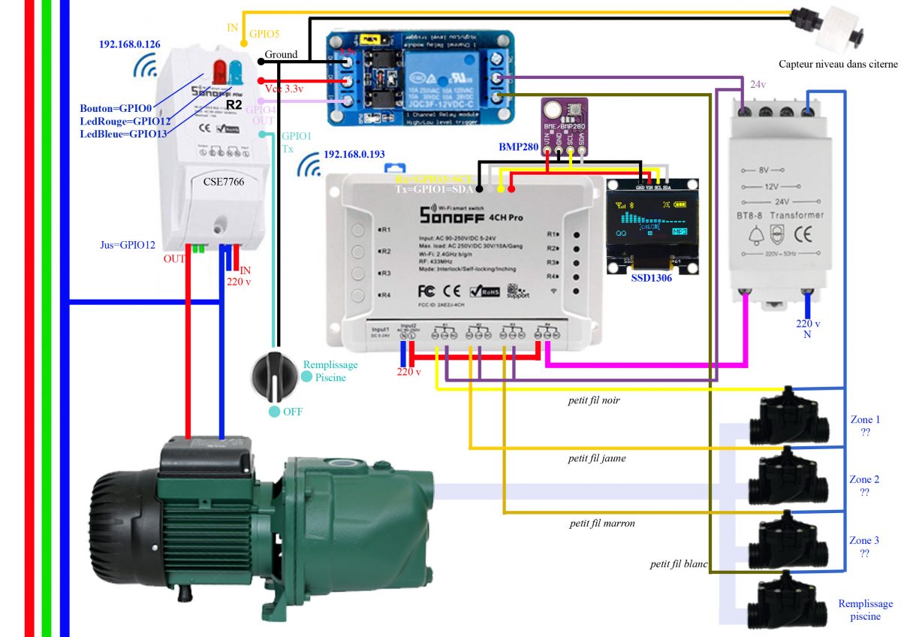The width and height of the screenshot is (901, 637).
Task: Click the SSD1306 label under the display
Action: pyautogui.click(x=650, y=278)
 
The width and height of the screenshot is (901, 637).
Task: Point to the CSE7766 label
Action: pyautogui.click(x=222, y=181)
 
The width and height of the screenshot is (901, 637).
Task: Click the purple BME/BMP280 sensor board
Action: pyautogui.click(x=563, y=119)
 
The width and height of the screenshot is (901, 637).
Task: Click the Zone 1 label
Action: pyautogui.click(x=864, y=420)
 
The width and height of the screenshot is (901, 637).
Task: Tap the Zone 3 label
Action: pyautogui.click(x=864, y=540)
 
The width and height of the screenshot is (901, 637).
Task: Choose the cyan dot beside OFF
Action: pyautogui.click(x=274, y=412)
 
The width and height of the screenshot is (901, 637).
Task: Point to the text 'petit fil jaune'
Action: pyautogui.click(x=597, y=458)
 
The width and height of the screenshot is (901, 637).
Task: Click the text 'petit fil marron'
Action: pyautogui.click(x=602, y=523)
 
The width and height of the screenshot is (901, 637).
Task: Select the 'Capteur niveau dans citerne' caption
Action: pyautogui.click(x=838, y=65)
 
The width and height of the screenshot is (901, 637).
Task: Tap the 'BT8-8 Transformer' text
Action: pyautogui.click(x=786, y=216)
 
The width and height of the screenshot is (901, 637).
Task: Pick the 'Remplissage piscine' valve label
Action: pyautogui.click(x=865, y=610)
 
